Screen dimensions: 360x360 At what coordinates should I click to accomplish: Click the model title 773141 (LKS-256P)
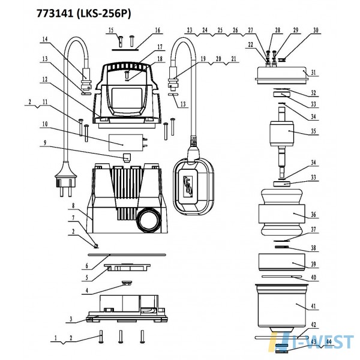point(84,14)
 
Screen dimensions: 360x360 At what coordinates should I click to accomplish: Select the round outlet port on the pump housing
point(148,220)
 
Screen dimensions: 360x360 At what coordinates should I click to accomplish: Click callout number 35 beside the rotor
point(313,131)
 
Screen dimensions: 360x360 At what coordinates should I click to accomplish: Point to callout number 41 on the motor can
point(313,306)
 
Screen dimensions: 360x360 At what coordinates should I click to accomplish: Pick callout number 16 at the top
point(157,30)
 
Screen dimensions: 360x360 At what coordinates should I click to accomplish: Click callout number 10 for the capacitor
point(45,124)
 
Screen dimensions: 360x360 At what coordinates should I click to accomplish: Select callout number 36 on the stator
point(313,214)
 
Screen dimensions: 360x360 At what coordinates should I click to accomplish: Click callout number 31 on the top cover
point(313,73)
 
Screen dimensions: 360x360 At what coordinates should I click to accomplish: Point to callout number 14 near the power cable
point(45,39)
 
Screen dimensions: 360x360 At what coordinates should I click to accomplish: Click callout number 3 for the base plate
point(71,319)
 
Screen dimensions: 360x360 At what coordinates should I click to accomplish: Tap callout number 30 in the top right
point(316,30)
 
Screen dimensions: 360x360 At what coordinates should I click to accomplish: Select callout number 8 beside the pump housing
point(73,205)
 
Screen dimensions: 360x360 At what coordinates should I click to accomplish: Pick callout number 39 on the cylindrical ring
point(313,264)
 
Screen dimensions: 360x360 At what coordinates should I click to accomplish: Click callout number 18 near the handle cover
point(160,59)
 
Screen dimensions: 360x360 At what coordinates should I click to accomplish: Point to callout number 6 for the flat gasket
point(87,266)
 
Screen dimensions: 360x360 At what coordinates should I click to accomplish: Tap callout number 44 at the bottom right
point(329,342)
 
